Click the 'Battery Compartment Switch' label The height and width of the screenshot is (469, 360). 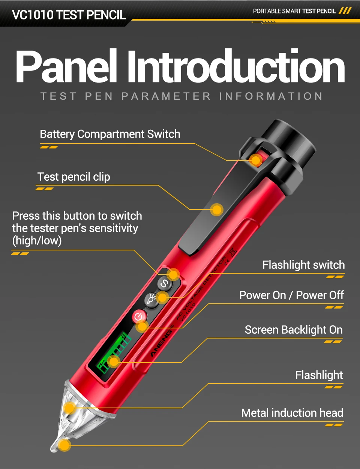[110, 134]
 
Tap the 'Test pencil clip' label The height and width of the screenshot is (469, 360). [74, 177]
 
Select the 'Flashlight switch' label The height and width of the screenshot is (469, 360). [303, 265]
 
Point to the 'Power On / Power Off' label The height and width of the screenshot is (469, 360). [292, 295]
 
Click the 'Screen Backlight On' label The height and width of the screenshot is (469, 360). [294, 330]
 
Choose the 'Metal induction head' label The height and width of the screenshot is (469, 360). [292, 413]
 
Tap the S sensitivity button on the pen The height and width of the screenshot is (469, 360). [165, 283]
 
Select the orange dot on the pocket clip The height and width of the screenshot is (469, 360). [217, 210]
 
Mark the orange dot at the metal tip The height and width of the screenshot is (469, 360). [64, 445]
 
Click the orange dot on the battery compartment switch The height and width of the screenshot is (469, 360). [256, 160]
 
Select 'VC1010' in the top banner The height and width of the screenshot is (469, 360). [33, 15]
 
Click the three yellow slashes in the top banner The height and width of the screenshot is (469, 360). [345, 11]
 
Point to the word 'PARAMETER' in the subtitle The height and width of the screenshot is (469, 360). [166, 96]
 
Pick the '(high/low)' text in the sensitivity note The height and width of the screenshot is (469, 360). [37, 241]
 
